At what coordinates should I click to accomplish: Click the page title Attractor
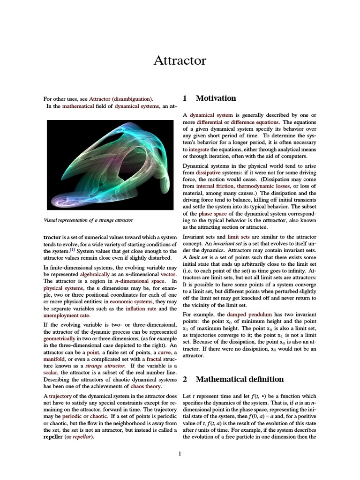180,61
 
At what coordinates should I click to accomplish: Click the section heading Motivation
216,98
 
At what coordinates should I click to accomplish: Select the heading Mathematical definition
239,379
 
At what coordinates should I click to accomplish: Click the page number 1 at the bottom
180,453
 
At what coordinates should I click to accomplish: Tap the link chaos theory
146,387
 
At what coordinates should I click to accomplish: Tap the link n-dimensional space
140,280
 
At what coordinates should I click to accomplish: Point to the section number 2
185,379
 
